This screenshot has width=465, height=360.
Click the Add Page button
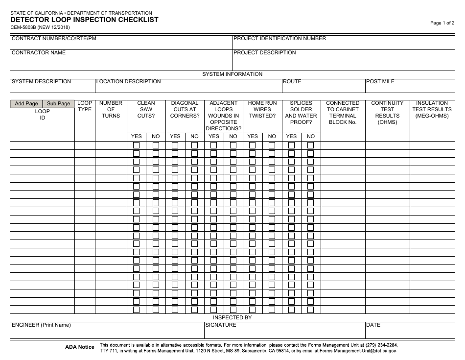26,103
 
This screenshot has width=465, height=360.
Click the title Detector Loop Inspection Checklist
84,20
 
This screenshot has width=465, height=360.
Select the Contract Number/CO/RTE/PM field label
54,39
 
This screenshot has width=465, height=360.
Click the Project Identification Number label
279,39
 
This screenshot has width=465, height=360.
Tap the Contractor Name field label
39,52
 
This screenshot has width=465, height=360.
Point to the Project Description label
264,52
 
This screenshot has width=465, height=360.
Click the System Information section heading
232,74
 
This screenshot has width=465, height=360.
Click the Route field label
292,82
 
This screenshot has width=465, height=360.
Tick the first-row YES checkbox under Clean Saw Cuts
137,145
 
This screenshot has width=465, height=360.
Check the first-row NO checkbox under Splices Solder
311,145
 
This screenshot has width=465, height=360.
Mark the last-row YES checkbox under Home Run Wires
253,310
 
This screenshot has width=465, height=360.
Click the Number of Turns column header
111,109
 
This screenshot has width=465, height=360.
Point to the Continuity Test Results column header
387,113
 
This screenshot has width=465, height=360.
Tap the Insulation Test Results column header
432,109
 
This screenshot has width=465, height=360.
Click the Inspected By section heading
232,317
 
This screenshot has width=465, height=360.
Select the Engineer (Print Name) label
41,325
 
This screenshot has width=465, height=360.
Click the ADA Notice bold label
80,347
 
